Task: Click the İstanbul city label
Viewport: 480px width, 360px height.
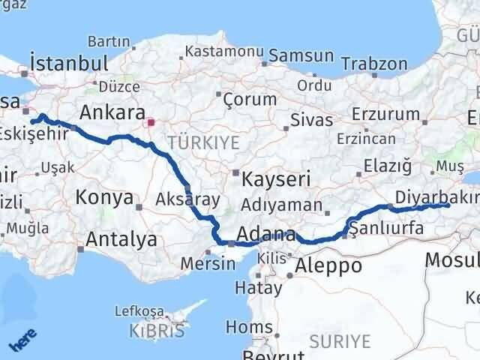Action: pos(68,61)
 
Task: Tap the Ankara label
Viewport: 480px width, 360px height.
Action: pos(112,112)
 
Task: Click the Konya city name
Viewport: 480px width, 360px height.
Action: pos(103,198)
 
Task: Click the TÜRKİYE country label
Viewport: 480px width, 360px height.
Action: pos(203,142)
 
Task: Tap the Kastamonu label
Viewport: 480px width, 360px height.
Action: pos(224,52)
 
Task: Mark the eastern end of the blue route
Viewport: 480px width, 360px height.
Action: pos(447,205)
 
